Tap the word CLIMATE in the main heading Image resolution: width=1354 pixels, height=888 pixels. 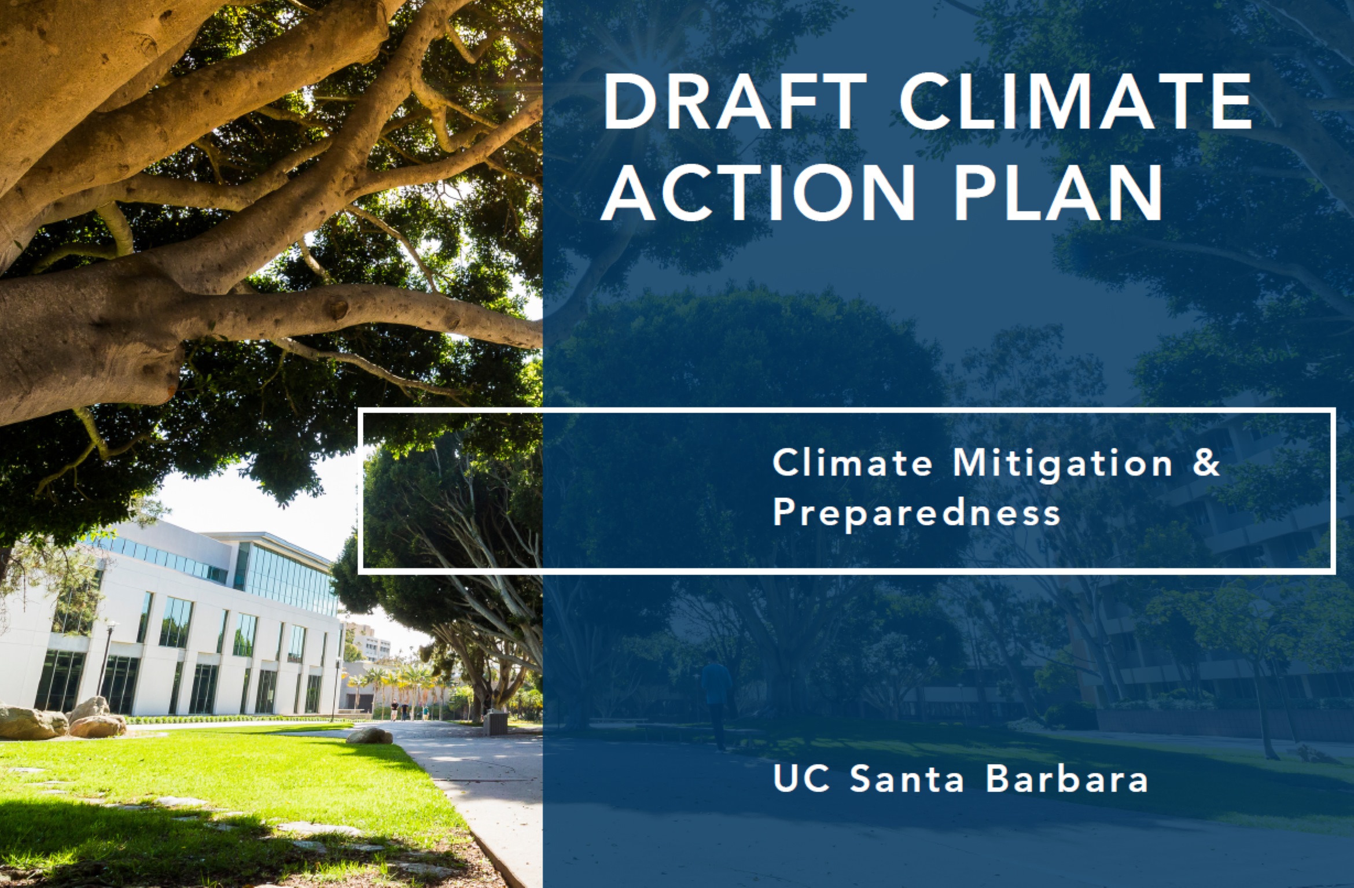click(1076, 103)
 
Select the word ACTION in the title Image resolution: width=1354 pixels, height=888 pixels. click(757, 191)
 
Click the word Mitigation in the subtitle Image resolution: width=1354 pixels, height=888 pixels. click(1062, 464)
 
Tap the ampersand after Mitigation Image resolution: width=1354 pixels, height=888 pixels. click(1206, 464)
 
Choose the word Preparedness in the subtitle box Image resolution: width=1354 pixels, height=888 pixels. click(917, 513)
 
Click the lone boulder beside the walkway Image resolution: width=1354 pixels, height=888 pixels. click(369, 735)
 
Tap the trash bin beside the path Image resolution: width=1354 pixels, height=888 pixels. click(495, 723)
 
